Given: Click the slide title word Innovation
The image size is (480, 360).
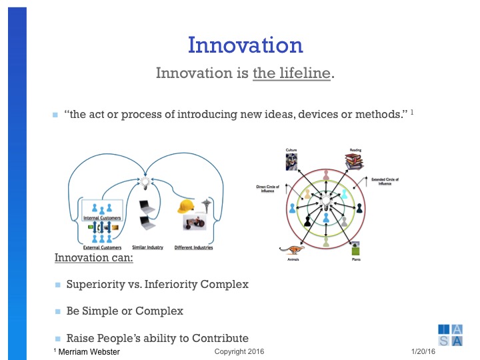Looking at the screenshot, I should coord(245,45).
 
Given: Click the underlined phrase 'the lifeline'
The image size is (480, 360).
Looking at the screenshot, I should coord(291,73).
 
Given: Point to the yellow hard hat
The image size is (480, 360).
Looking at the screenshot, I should coord(185,207).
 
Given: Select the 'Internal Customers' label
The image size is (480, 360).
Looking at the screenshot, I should coord(101,218).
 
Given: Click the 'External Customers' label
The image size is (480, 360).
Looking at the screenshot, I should coord(101,247).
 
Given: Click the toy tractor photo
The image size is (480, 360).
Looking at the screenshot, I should coord(197,224).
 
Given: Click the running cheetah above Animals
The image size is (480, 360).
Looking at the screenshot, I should coord(291,251).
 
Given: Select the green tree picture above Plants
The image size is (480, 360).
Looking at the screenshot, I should coord(356,251).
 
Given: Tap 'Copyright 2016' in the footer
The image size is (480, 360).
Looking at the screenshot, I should coord(239,351).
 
